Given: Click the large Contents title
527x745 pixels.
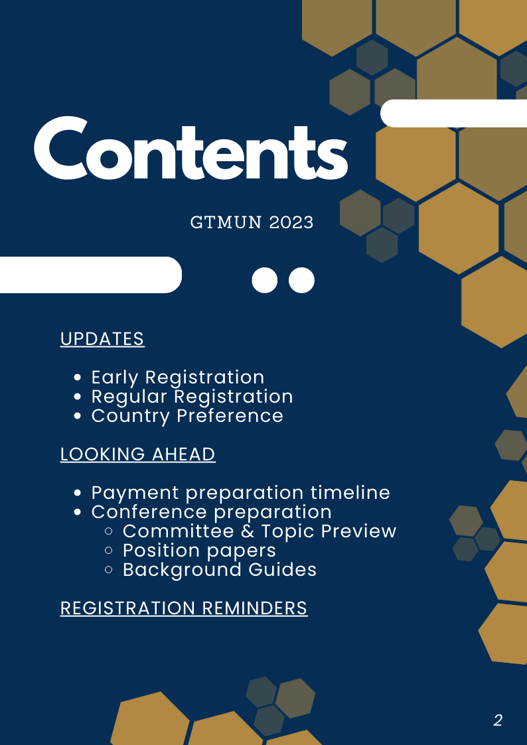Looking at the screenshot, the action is pos(191,148).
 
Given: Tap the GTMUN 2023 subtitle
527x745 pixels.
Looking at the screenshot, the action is pos(252,222).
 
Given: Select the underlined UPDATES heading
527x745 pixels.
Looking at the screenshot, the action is pos(102,339).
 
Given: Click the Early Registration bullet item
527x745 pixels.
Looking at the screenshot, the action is pos(178,377).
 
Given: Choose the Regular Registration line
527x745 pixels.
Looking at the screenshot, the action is pos(192,397).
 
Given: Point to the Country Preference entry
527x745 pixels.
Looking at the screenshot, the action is pos(187,416).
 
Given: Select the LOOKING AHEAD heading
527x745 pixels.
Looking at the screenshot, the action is pos(138,454).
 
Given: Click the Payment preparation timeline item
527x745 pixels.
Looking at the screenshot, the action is pos(240,493).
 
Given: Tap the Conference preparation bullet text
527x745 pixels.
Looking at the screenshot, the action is pos(212,512).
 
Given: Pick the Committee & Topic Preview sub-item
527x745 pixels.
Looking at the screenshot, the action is pos(260,531).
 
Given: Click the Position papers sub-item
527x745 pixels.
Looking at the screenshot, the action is pos(199,551).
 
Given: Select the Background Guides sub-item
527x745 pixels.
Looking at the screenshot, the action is pos(220,570).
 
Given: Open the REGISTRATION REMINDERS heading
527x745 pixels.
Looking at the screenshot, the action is pos(184,608).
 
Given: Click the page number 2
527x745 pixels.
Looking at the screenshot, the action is pos(498,720).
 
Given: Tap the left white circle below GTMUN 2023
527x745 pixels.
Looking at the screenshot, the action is pos(265,281).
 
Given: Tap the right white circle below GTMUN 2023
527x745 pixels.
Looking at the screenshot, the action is pos(302,281).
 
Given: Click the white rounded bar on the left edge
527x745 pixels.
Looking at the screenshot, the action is pos(91,275).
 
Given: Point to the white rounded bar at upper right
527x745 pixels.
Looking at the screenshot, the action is pos(454,113).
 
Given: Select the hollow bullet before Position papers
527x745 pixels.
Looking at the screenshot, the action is pos(108,551).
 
